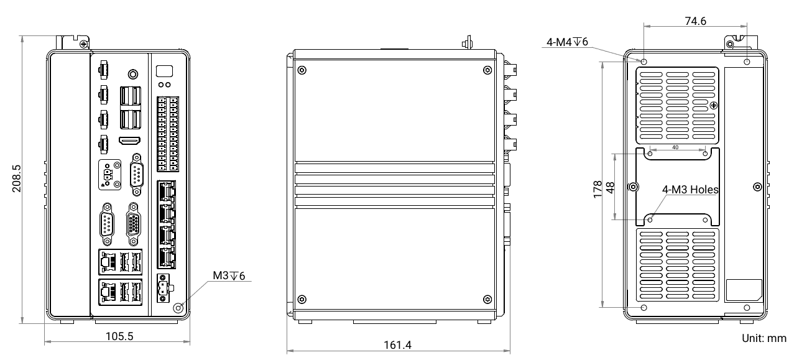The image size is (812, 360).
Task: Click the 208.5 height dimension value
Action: pyautogui.click(x=17, y=178)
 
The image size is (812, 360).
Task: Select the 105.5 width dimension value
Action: pyautogui.click(x=119, y=336)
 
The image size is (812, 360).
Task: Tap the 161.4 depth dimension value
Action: pyautogui.click(x=398, y=345)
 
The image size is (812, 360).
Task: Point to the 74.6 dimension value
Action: pyautogui.click(x=695, y=21)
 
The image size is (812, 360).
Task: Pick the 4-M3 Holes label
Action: pyautogui.click(x=690, y=190)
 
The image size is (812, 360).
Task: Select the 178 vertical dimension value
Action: pyautogui.click(x=597, y=189)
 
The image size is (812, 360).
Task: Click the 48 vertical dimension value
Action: pyautogui.click(x=611, y=188)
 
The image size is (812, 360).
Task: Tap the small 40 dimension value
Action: pyautogui.click(x=675, y=147)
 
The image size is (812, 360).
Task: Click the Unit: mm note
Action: pyautogui.click(x=764, y=338)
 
